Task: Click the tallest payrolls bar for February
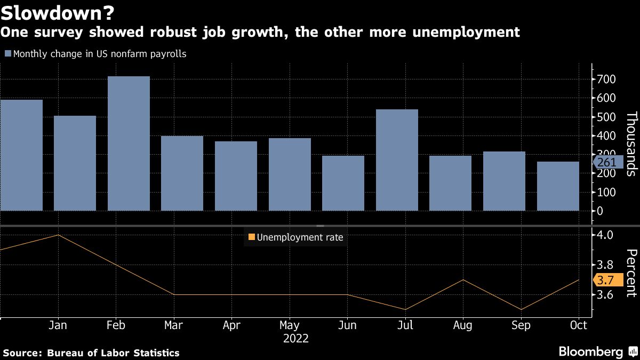click(129, 143)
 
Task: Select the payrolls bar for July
click(397, 160)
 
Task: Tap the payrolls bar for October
click(558, 186)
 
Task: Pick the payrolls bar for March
click(182, 173)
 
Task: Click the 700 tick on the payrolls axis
click(606, 79)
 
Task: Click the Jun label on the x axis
click(347, 325)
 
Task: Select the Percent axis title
click(631, 273)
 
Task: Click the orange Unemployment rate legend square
click(251, 238)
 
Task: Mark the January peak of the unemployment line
click(58, 235)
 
